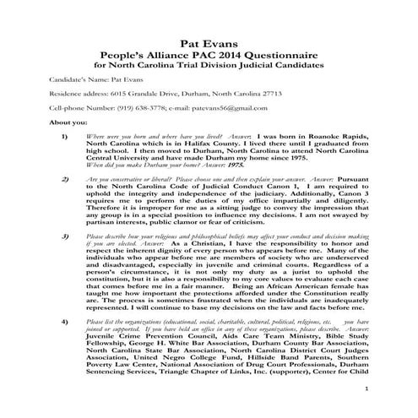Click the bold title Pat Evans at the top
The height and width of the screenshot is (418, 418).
(x=208, y=41)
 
